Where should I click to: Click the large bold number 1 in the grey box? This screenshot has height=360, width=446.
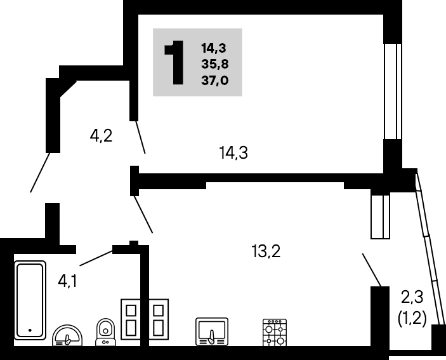174,63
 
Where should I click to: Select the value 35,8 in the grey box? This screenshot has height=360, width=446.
215,64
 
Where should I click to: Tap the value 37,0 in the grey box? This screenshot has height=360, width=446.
214,81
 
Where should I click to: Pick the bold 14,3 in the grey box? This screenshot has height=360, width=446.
214,48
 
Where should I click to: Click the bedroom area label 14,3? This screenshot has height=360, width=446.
233,153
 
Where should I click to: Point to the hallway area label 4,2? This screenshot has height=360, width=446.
101,136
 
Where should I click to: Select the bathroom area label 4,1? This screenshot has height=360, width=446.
67,282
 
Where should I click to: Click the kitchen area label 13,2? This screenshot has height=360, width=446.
266,251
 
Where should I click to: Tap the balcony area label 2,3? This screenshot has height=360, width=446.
412,297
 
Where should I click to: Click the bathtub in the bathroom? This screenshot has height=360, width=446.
30,300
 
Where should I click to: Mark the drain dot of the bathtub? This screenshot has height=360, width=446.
30,330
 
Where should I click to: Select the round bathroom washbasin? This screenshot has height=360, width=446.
67,335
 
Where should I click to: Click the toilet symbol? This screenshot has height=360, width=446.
106,332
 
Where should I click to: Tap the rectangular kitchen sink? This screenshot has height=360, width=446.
212,331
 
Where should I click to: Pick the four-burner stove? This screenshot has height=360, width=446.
275,333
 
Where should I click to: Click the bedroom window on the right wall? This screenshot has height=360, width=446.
393,91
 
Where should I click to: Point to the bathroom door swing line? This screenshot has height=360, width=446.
96,258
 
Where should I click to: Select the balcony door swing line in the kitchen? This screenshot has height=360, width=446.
372,270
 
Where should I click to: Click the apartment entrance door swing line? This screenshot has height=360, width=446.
40,173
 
